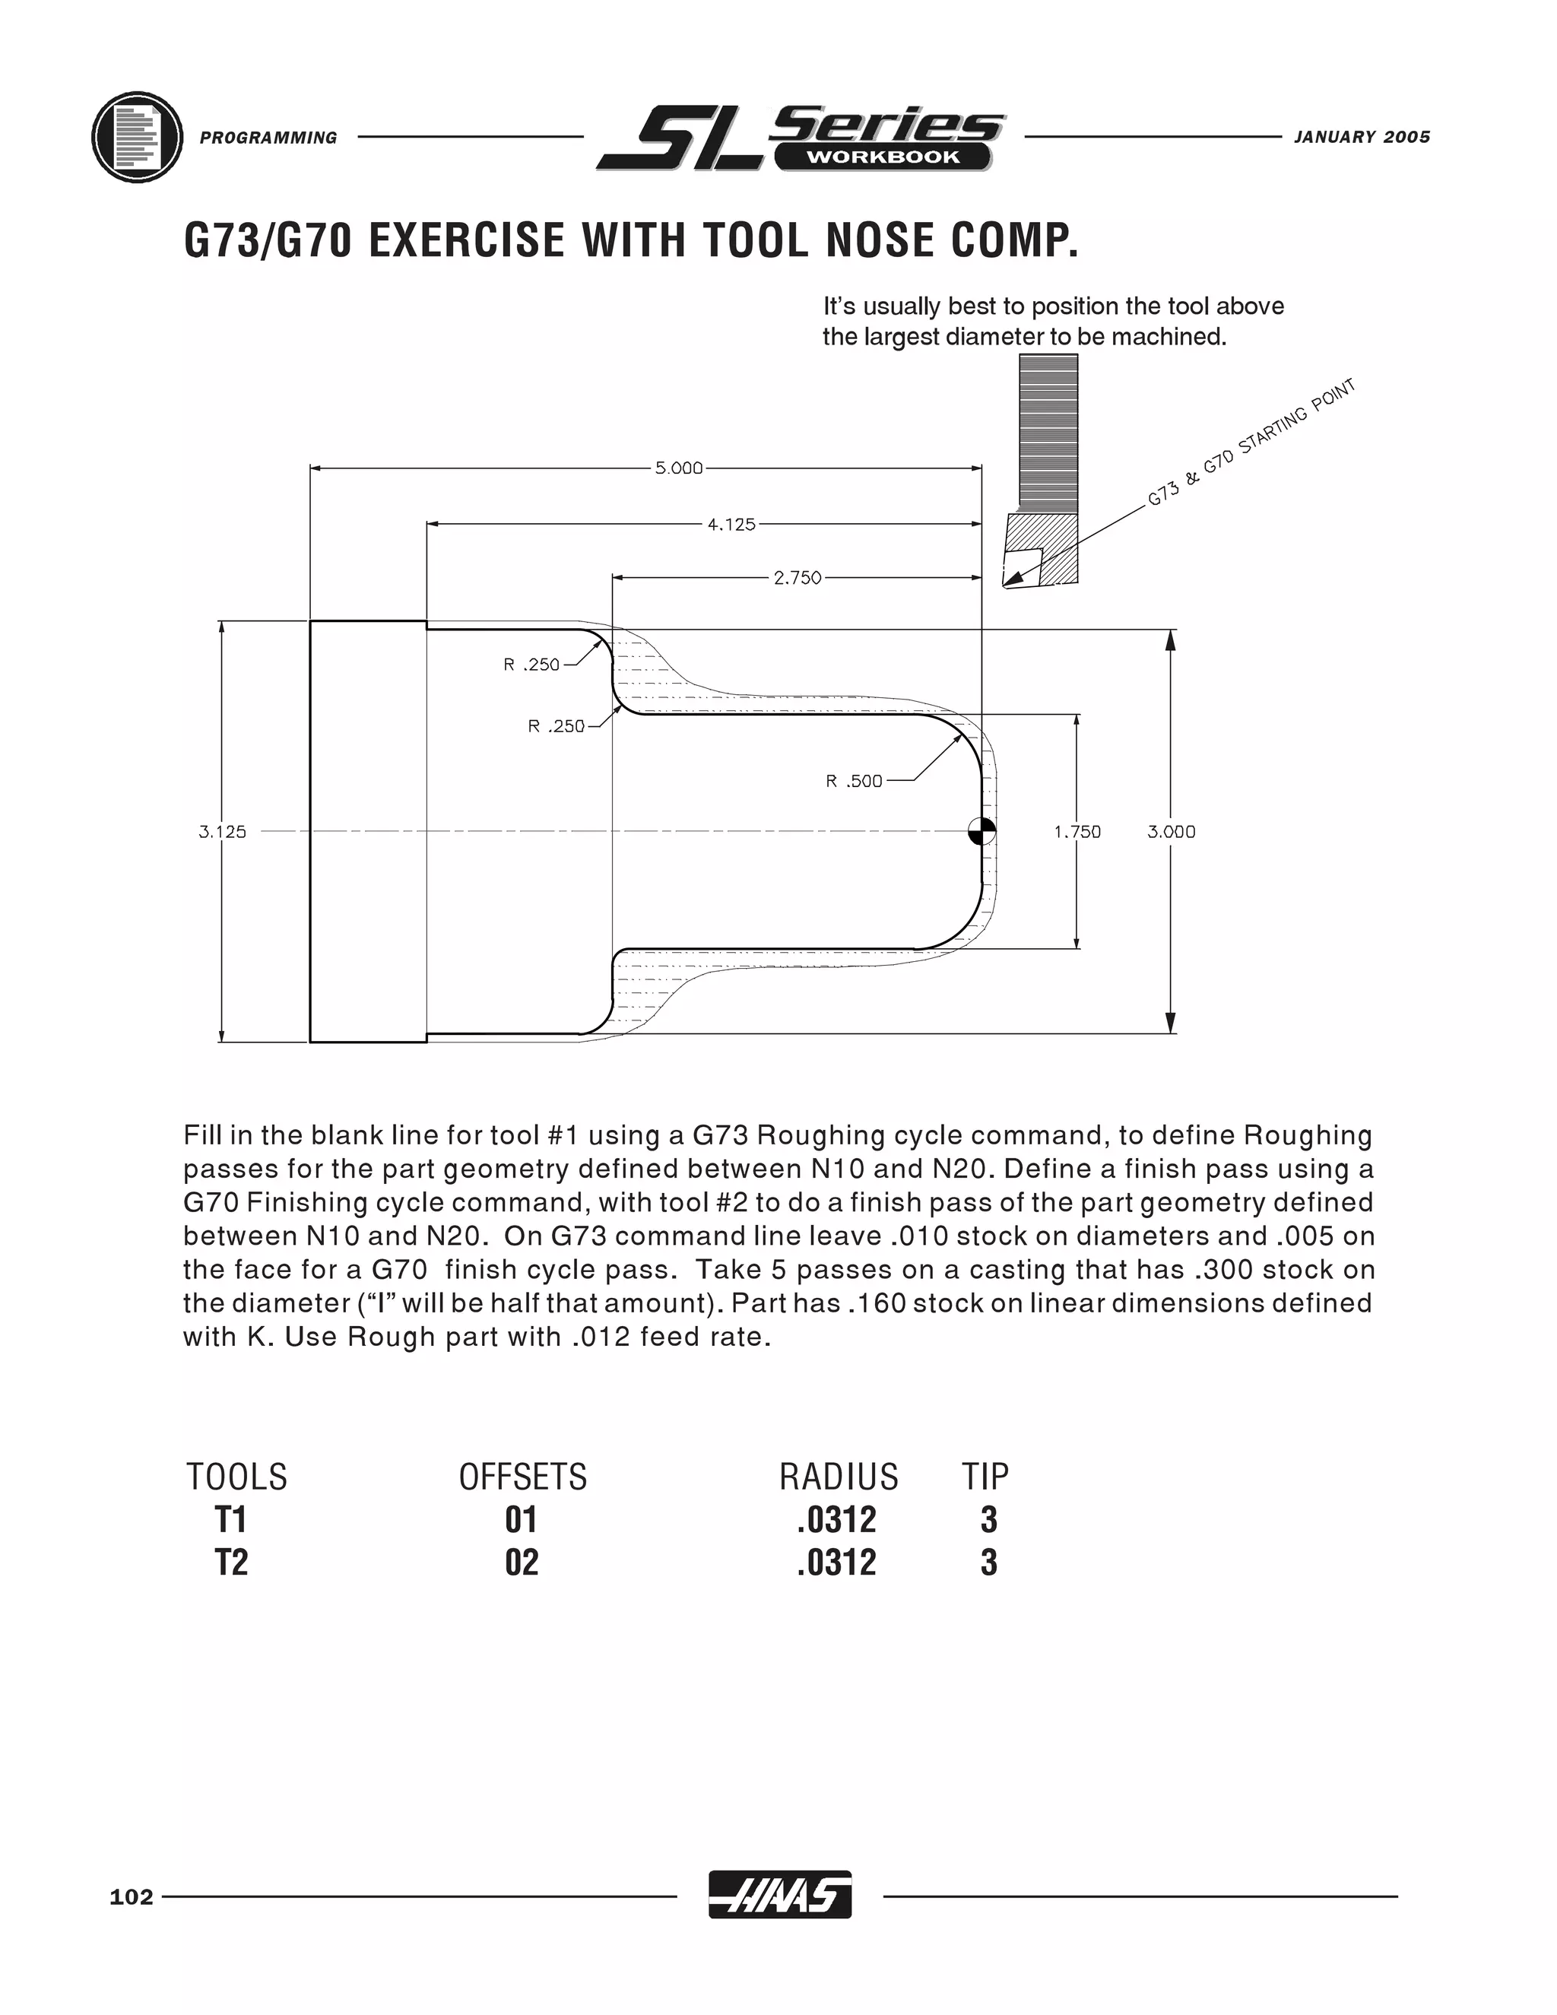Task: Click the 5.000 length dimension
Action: pos(679,468)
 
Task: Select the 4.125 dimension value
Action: pos(731,524)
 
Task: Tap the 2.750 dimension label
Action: pos(797,579)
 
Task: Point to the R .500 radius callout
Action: pos(854,782)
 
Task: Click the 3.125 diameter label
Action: pos(222,831)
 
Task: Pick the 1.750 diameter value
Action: pos(1077,831)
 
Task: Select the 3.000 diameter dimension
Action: pos(1172,831)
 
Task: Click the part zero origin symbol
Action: pos(981,831)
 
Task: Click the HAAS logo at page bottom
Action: pos(779,1896)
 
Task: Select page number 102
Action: pos(131,1897)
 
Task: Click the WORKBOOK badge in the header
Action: pos(883,157)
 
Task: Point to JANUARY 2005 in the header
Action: pos(1362,138)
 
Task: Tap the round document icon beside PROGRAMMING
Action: pos(137,137)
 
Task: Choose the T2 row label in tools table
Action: pos(232,1563)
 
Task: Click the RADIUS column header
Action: pos(839,1477)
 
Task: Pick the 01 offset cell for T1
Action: pos(521,1519)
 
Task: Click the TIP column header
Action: pos(986,1477)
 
